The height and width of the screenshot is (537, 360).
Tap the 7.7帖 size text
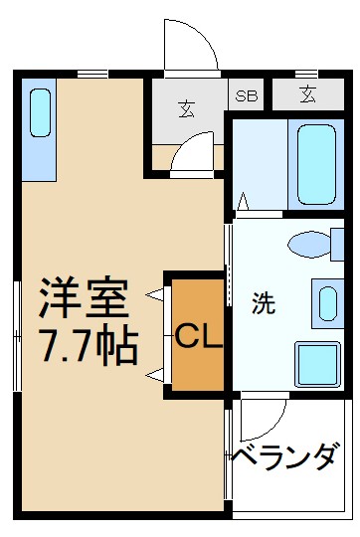click(88, 345)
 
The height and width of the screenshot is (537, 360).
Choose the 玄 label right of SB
click(307, 95)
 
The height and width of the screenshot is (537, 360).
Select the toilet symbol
click(313, 244)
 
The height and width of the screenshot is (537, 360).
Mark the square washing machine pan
click(317, 362)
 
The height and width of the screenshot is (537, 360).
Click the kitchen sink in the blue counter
click(41, 113)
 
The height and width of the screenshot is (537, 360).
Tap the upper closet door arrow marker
click(154, 294)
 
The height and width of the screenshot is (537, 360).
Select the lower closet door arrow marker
click(154, 374)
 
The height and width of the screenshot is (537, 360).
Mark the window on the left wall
click(17, 336)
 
